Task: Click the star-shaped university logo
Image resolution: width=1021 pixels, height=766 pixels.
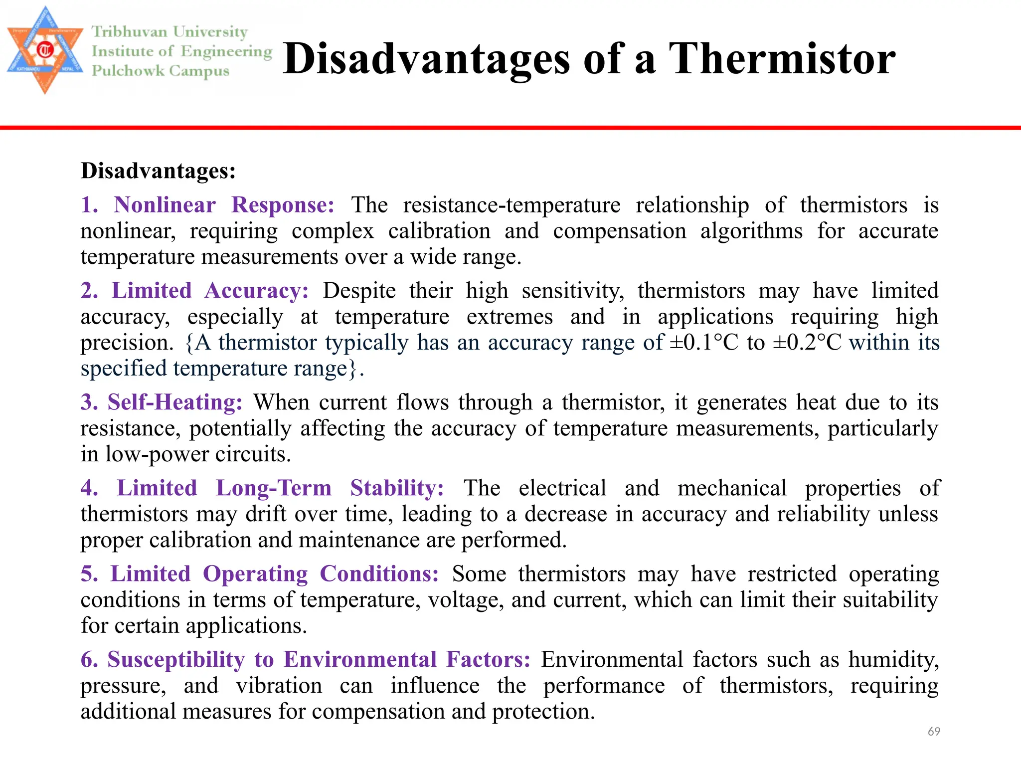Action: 45,50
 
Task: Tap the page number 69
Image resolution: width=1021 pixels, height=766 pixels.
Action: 934,732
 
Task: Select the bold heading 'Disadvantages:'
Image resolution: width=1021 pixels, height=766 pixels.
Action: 158,171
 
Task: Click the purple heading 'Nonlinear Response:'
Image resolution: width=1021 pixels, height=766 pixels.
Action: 224,205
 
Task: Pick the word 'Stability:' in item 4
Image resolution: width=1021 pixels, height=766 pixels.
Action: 397,488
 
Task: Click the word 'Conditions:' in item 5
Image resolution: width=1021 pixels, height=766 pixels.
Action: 379,574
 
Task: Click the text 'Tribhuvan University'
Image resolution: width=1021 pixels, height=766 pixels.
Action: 170,32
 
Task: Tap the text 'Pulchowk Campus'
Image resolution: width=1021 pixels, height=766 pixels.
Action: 161,71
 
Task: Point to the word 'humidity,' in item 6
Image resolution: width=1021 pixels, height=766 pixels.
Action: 894,660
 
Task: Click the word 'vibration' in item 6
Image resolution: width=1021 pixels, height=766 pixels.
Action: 279,686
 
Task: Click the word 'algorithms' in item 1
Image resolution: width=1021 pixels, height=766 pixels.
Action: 751,231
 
